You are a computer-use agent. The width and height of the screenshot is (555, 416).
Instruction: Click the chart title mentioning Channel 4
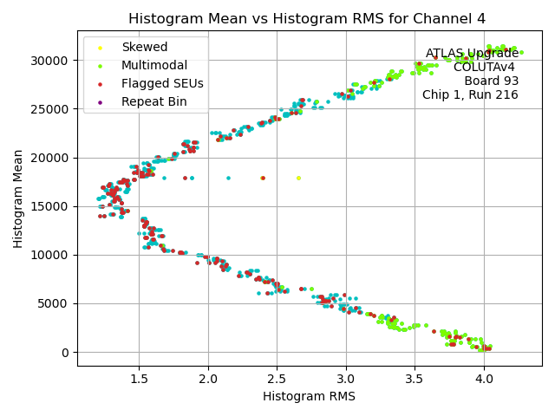pos(307,18)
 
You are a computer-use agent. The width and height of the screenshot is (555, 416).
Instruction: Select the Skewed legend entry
pos(145,48)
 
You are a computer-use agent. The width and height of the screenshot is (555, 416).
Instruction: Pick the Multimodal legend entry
pos(153,66)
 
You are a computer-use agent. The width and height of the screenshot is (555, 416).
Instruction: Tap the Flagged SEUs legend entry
pos(162,84)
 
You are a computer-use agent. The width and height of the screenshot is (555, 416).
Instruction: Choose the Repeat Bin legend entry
pos(153,102)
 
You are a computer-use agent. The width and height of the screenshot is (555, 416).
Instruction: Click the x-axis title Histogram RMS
pos(309,397)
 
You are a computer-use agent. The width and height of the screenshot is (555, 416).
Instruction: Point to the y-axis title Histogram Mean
pos(18,198)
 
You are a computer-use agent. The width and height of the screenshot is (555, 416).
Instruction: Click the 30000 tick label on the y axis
pos(50,61)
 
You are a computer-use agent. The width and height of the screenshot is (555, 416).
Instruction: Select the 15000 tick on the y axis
pos(50,206)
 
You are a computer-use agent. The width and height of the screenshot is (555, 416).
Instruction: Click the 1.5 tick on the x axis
pos(139,379)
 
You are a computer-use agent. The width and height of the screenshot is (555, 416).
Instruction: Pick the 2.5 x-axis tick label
pos(277,379)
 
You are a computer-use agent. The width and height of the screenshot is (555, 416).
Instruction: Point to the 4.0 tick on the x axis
pos(483,379)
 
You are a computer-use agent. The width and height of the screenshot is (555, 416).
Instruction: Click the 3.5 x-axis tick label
pos(415,379)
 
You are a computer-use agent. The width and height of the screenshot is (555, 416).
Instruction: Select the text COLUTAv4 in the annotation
pos(485,67)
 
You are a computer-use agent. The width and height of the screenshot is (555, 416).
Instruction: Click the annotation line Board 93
pos(491,81)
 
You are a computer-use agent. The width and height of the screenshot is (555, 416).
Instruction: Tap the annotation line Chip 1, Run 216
pos(470,94)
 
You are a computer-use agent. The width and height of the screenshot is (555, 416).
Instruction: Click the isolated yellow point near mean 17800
pos(298,178)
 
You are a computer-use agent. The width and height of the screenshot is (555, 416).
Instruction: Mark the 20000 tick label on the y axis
pos(50,158)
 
